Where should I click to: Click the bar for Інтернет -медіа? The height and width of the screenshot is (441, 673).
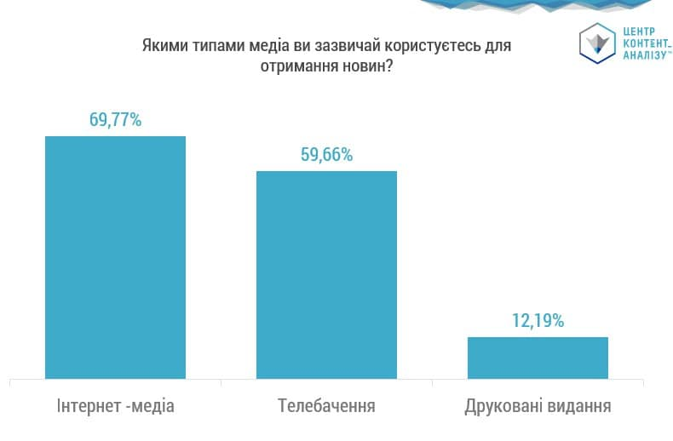click(x=115, y=257)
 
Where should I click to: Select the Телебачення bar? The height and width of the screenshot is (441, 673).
click(x=326, y=274)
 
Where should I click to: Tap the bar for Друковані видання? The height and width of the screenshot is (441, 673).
click(x=538, y=358)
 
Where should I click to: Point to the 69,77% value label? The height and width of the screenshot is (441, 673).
click(x=115, y=119)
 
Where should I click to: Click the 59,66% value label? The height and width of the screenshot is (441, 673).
click(x=326, y=155)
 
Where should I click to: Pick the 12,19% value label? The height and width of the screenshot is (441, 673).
click(x=538, y=321)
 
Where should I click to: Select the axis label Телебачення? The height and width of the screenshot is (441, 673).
click(x=326, y=405)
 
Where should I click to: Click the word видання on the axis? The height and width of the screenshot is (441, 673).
click(x=579, y=405)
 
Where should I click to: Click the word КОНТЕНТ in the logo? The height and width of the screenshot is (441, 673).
click(x=644, y=43)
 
